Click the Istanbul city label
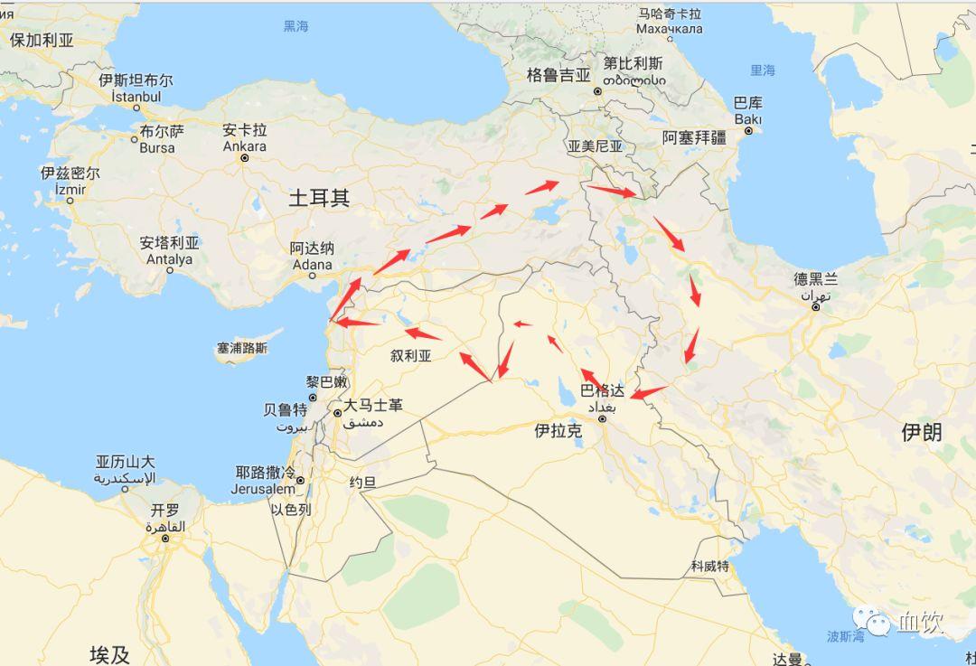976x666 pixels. [136, 89]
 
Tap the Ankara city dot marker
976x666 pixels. [245, 157]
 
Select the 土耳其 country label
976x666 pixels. [319, 199]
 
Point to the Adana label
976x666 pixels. [312, 256]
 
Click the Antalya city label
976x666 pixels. [169, 251]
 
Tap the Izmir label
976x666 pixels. [70, 181]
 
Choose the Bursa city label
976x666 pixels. [157, 139]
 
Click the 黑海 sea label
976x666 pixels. [296, 26]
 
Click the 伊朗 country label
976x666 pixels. [921, 432]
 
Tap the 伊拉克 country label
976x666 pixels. [558, 431]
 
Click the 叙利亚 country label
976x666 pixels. [411, 355]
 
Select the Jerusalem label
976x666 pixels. [263, 481]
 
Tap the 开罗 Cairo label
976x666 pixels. [165, 517]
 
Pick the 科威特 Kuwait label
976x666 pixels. [709, 567]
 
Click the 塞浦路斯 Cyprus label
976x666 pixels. [242, 348]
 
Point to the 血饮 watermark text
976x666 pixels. [920, 622]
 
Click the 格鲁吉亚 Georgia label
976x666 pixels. [558, 76]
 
